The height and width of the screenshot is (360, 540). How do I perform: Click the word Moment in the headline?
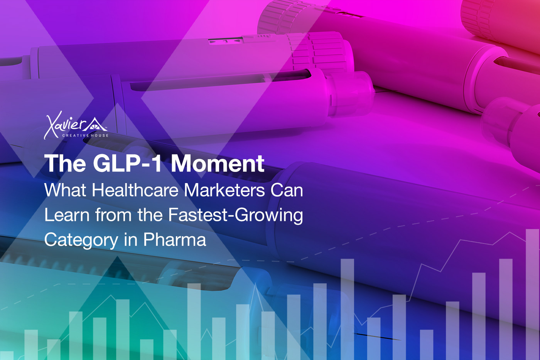(x=218, y=163)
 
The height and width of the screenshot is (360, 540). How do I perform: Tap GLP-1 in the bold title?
(x=127, y=163)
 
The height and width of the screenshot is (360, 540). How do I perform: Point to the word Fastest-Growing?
(x=235, y=215)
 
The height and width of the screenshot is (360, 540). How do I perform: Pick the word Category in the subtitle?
(x=81, y=240)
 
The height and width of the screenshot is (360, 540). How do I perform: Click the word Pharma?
(x=175, y=239)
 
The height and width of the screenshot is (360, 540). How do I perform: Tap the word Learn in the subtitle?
(x=67, y=215)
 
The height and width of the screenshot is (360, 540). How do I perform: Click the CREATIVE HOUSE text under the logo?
(x=85, y=135)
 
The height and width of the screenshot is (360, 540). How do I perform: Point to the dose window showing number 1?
(x=225, y=41)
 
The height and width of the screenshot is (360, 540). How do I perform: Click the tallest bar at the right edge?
(x=532, y=294)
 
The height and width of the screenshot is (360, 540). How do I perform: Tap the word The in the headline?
(x=65, y=163)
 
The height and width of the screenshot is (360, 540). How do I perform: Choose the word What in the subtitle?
(x=65, y=190)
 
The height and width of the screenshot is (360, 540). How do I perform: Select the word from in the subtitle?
(x=113, y=215)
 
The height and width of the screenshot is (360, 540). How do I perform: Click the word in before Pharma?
(x=131, y=239)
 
